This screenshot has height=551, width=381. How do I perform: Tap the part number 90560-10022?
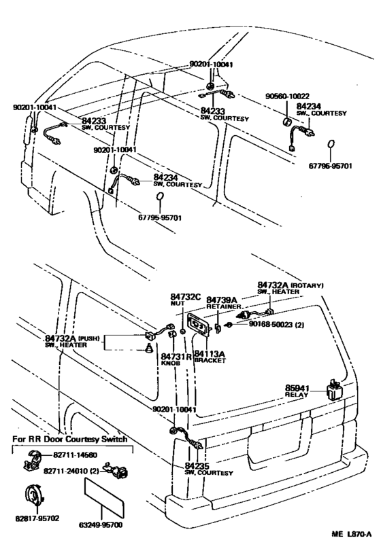(287, 96)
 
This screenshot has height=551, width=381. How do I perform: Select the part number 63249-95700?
(101, 525)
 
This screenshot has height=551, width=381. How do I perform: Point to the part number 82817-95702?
(37, 518)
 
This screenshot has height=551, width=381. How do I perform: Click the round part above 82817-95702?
(35, 495)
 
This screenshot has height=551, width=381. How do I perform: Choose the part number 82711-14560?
(76, 455)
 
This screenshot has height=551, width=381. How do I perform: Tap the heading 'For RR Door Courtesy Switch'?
(69, 440)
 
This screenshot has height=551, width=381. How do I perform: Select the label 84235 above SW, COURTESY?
(197, 466)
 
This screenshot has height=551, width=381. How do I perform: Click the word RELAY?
(296, 395)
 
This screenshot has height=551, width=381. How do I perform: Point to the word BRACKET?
(210, 361)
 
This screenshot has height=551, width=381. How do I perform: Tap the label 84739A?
(222, 300)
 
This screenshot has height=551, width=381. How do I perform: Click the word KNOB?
(171, 363)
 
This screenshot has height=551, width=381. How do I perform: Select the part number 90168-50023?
(271, 324)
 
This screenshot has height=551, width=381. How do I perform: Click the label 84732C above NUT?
(186, 298)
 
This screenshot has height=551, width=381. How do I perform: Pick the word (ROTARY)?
(308, 285)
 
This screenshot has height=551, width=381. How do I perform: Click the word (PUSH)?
(88, 338)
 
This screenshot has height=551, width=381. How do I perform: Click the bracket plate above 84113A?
(198, 325)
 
